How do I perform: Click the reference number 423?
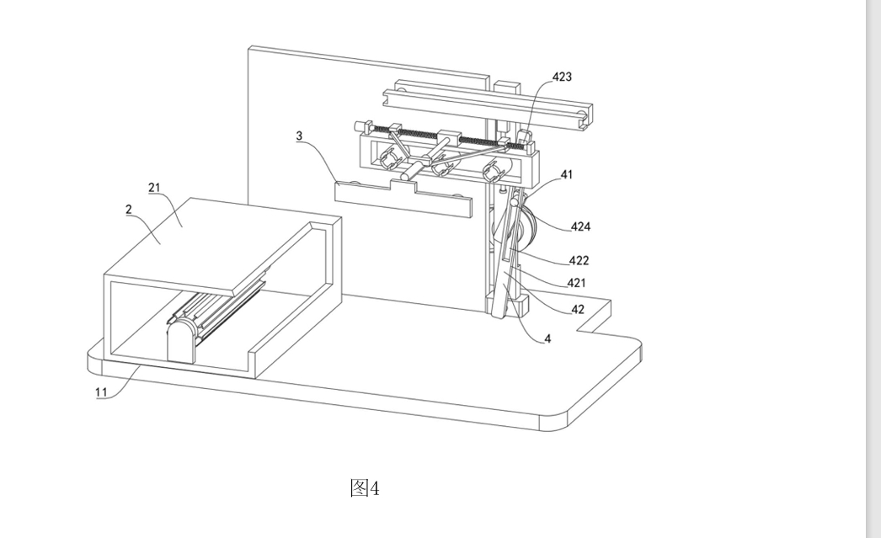click(x=562, y=77)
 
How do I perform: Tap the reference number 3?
click(x=300, y=135)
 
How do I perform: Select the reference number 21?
click(x=155, y=187)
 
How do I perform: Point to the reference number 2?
click(x=129, y=209)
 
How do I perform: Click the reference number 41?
click(x=566, y=175)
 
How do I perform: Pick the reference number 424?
click(x=580, y=226)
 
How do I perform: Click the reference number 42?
click(x=577, y=309)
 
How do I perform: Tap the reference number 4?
click(x=548, y=338)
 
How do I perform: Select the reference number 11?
click(x=101, y=392)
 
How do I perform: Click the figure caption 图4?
click(x=365, y=487)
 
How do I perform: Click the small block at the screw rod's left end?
click(x=364, y=127)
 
